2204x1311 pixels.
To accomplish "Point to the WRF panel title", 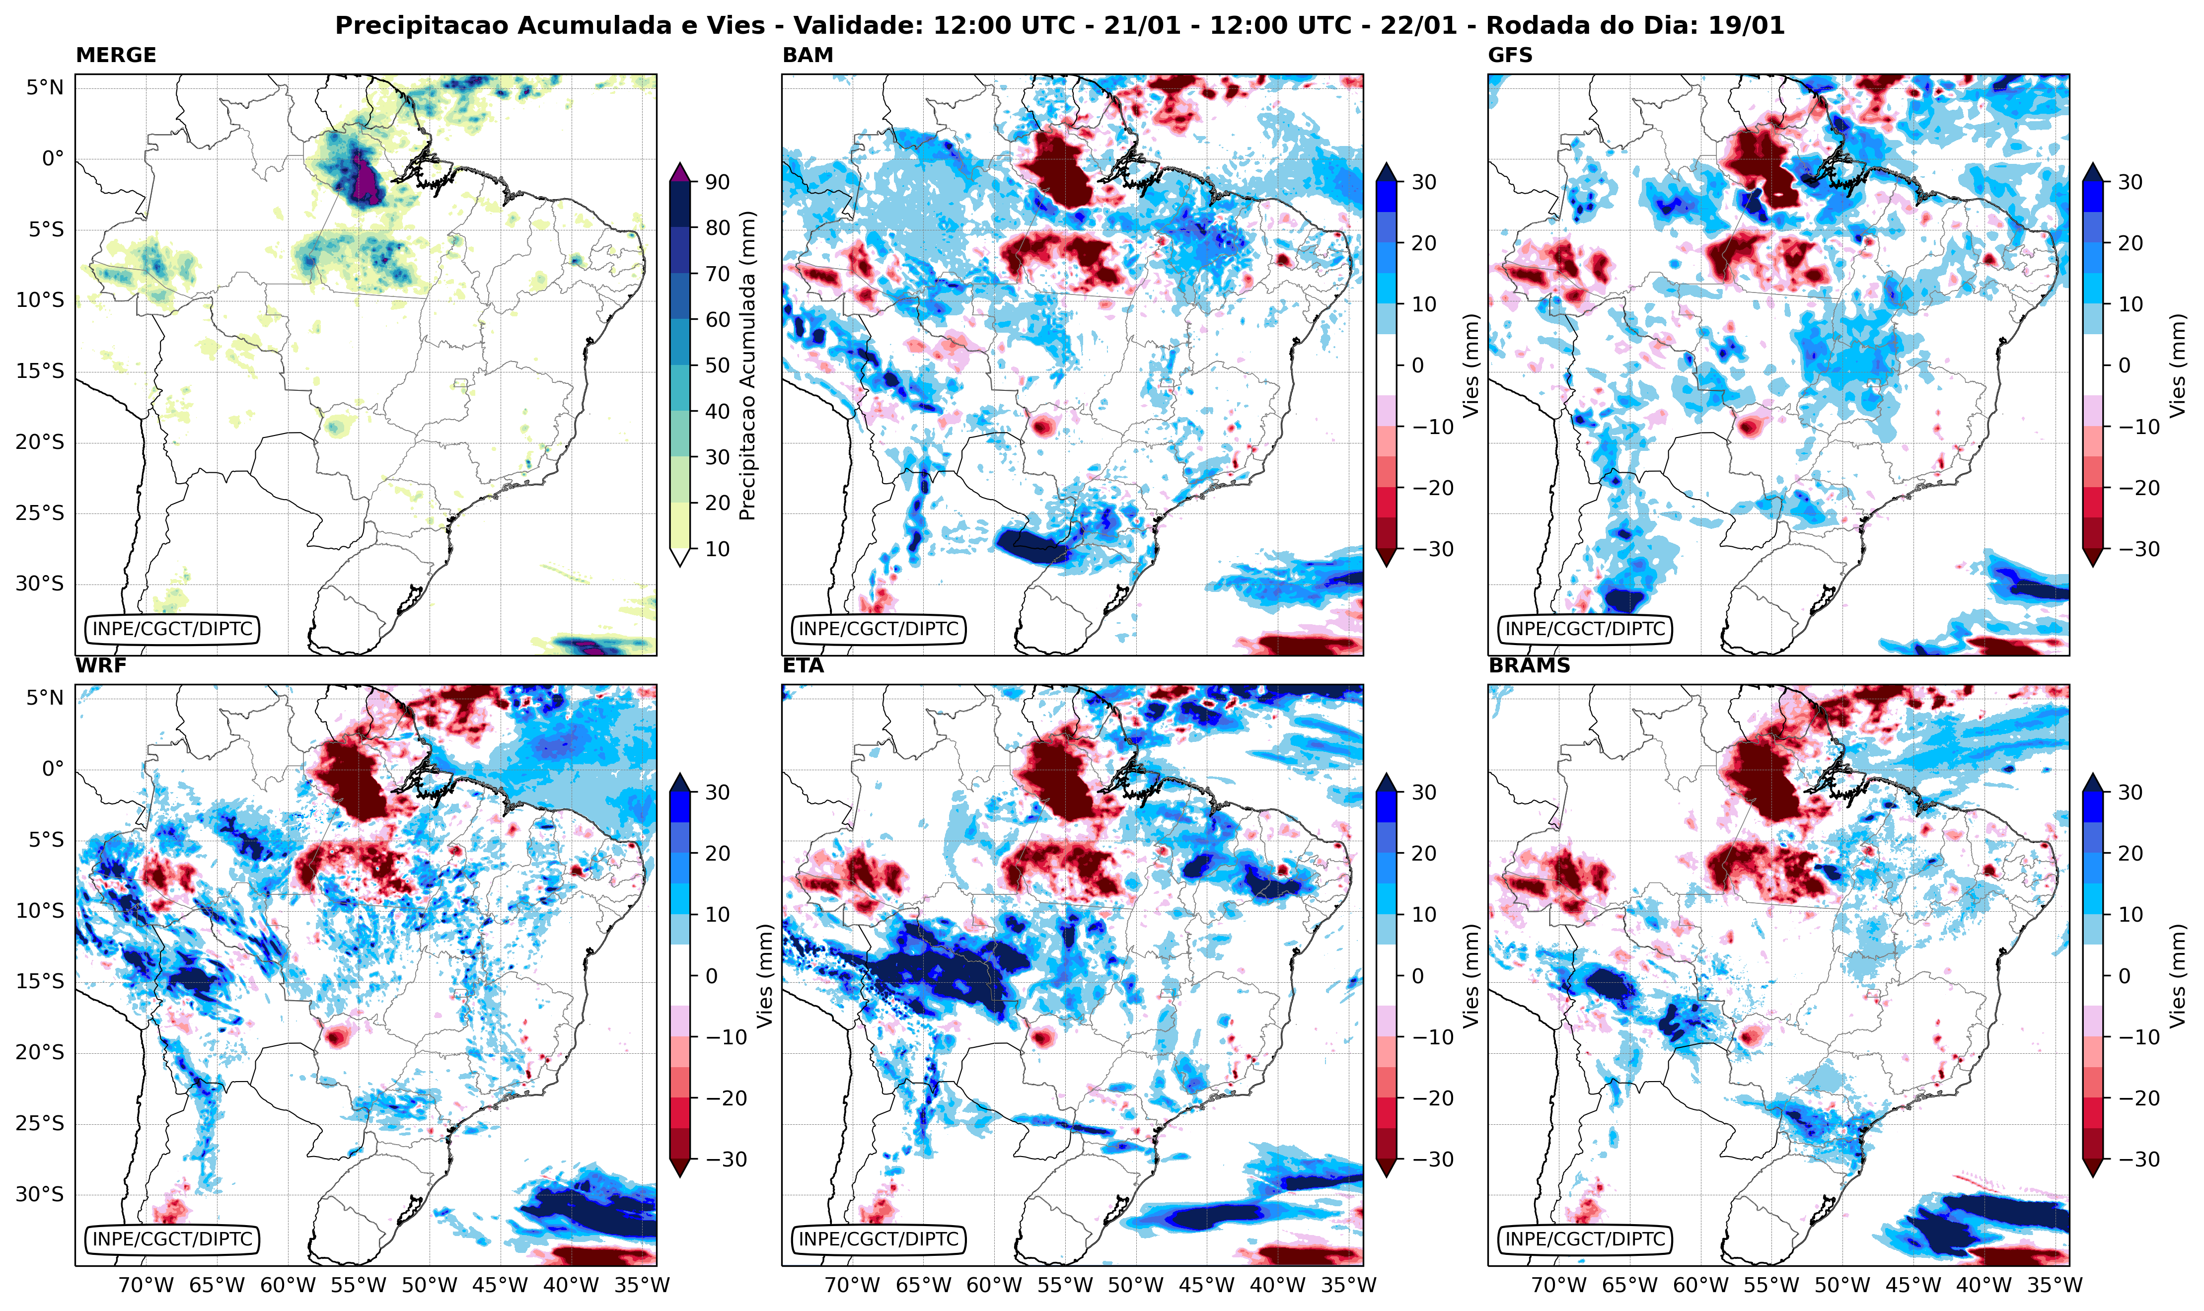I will [101, 666].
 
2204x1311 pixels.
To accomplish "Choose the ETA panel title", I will [803, 666].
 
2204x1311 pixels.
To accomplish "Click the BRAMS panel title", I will [1529, 666].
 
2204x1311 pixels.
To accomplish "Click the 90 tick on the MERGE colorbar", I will [717, 182].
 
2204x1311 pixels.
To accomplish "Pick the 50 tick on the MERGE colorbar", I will [717, 365].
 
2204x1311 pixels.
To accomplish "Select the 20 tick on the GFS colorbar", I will [2130, 243].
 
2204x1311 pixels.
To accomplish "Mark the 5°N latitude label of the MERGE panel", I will [44, 87].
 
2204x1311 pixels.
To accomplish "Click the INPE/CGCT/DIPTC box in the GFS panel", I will [1585, 629].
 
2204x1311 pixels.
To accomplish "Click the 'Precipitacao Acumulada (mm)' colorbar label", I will [747, 365].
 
